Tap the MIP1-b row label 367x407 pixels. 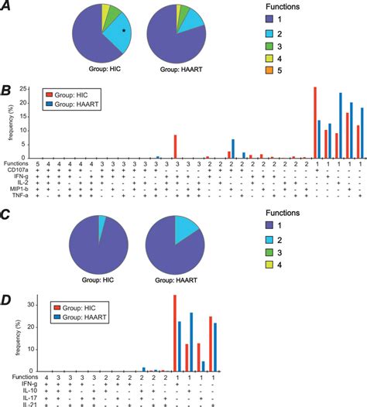[13, 190]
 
